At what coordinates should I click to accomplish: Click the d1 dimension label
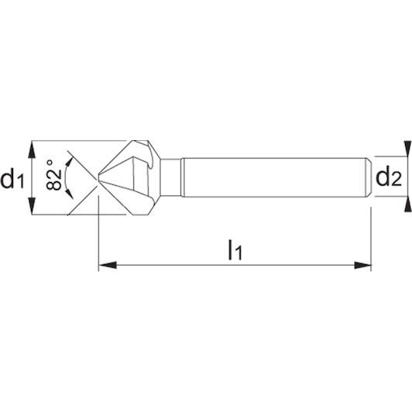click(x=12, y=179)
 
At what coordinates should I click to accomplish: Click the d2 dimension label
click(x=389, y=177)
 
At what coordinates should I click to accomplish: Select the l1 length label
click(x=235, y=249)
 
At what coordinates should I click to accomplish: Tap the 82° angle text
click(x=53, y=175)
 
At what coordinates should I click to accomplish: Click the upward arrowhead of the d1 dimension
click(x=32, y=149)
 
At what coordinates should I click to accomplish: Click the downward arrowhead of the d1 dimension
click(x=32, y=206)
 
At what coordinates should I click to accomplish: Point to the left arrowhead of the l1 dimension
click(x=108, y=265)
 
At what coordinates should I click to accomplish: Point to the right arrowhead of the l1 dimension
click(x=362, y=265)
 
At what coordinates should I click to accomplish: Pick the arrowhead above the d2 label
click(x=407, y=149)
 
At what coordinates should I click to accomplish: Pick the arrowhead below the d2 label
click(x=407, y=204)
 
